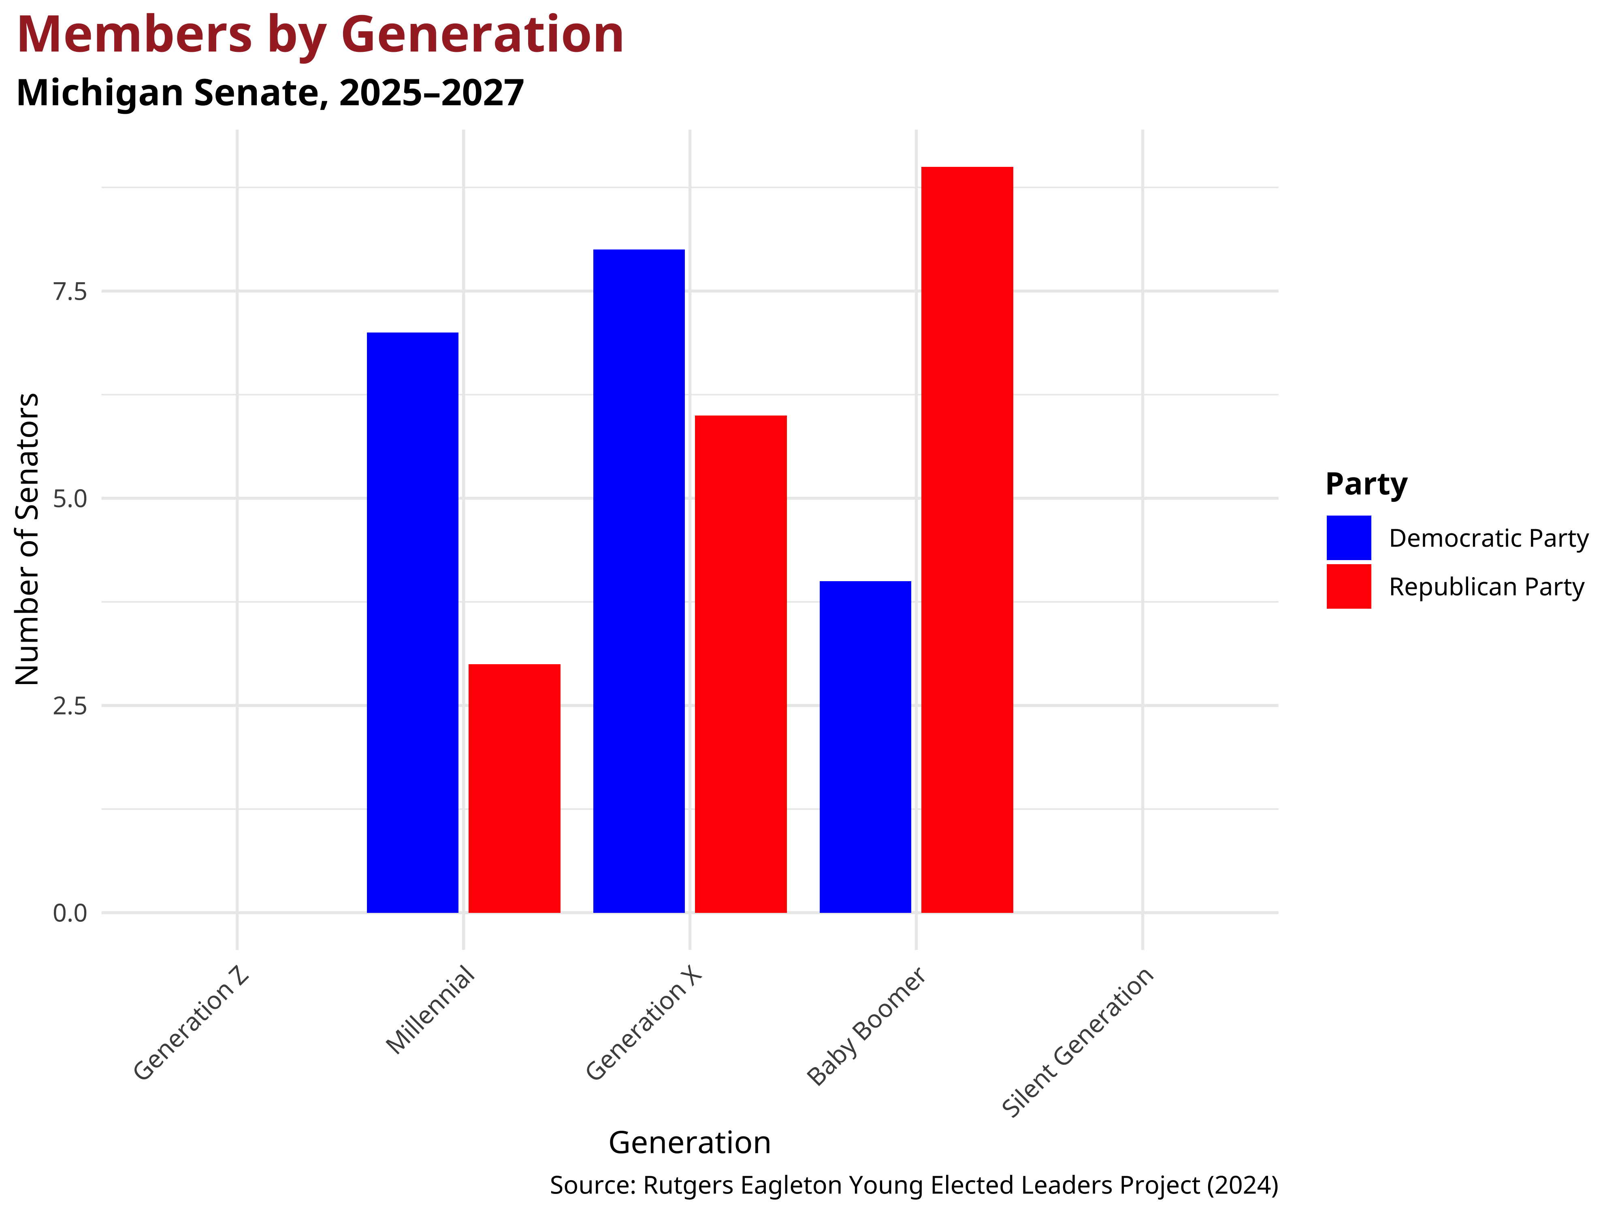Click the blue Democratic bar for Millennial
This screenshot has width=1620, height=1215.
412,622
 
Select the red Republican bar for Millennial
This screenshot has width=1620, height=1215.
514,788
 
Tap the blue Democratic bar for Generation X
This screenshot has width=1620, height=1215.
639,581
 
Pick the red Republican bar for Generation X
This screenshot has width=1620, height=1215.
740,663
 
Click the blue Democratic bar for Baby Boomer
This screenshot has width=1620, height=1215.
865,747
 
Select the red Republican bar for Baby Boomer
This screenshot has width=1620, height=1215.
967,540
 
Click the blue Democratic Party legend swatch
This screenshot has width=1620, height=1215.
1348,537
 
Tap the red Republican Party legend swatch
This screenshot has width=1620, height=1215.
1348,586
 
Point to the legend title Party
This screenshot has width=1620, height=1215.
1366,484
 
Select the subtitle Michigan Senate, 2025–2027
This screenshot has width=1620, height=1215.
270,93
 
